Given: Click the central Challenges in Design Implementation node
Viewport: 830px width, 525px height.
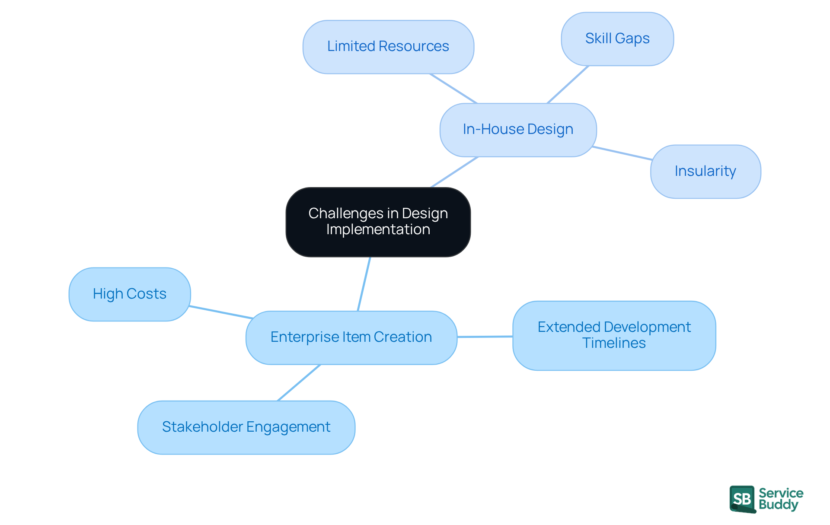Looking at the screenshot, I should click(378, 222).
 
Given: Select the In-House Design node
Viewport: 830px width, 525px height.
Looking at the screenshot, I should click(518, 130).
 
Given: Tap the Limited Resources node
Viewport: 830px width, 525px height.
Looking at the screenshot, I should click(388, 47).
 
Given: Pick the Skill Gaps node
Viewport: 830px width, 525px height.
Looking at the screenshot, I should click(617, 39).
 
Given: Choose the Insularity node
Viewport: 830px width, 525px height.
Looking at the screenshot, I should click(705, 172).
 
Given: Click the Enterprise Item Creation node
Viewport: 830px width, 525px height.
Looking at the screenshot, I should click(351, 337).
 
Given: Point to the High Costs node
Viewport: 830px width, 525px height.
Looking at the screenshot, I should click(130, 294).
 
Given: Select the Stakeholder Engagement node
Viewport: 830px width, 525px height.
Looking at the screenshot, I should click(246, 427).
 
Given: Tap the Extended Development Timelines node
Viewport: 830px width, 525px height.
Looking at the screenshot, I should click(614, 335).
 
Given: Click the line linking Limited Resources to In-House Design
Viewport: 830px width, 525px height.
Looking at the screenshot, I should click(453, 89).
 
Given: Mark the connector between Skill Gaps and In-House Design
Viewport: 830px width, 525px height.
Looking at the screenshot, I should click(568, 84).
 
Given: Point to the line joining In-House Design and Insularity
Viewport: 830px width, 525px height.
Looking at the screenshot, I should click(622, 153).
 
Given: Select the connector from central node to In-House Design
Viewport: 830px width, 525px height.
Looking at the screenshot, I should click(454, 172).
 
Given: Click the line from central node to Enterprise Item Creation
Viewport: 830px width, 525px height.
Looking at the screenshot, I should click(364, 284).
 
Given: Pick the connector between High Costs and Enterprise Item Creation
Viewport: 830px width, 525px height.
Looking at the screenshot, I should click(221, 312).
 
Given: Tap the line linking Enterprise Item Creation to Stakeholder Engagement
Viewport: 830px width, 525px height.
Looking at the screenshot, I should click(299, 382).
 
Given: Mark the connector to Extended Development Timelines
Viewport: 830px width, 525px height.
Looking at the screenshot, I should click(485, 337).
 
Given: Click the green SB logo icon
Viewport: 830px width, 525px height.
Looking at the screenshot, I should click(742, 499).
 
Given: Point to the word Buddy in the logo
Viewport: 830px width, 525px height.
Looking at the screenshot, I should click(778, 505).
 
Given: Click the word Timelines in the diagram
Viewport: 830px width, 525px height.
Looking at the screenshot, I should click(614, 343).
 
